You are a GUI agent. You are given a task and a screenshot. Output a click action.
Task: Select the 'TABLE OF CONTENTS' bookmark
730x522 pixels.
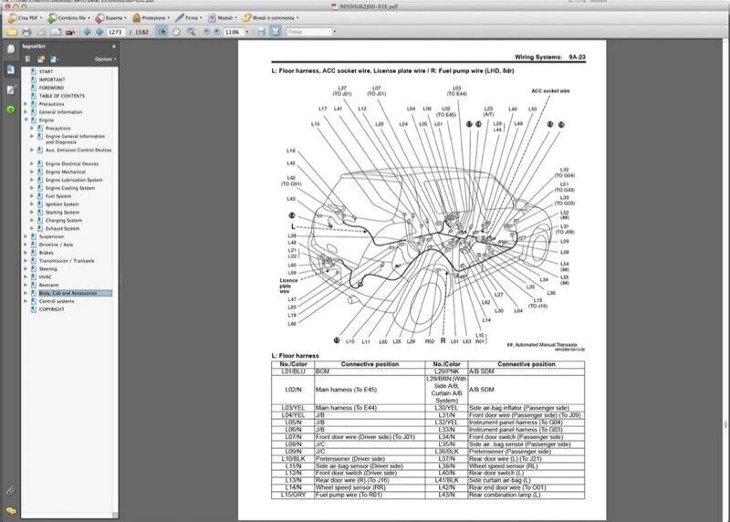(x=61, y=96)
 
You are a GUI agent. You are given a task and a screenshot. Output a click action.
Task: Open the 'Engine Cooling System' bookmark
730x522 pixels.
(x=71, y=188)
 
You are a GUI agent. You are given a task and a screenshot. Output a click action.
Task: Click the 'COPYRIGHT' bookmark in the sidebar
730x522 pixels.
(x=51, y=309)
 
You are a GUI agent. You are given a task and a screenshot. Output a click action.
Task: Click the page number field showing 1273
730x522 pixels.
(x=115, y=32)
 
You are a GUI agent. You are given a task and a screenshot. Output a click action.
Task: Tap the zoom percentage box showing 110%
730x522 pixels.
(x=232, y=32)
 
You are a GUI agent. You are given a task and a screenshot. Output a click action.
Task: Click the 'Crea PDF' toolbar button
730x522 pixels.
(x=25, y=17)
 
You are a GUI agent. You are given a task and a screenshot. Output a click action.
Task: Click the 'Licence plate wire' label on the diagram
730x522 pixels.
(x=288, y=285)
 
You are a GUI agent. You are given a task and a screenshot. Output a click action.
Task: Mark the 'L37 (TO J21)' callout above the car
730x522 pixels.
(x=342, y=90)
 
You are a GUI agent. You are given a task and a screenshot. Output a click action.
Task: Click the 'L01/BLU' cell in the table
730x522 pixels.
(x=293, y=371)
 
